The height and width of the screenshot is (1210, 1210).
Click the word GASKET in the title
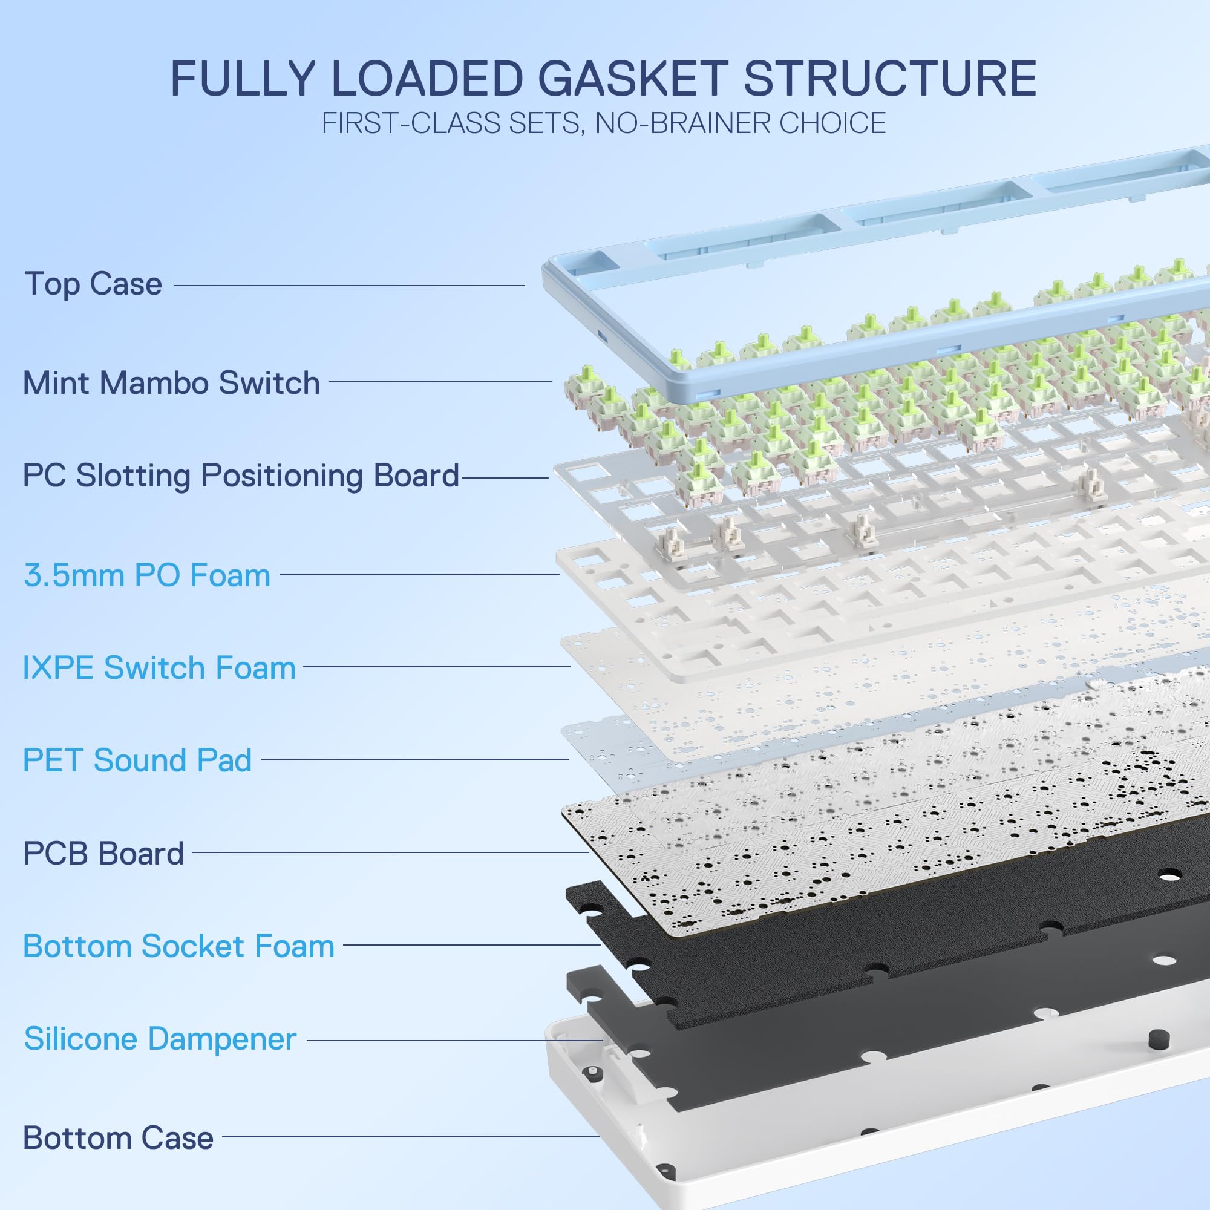632,79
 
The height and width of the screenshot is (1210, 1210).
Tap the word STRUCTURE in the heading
890,79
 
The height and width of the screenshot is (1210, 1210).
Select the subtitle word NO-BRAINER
682,123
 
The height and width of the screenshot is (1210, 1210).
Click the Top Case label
93,284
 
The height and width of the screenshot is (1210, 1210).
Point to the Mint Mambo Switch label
171,383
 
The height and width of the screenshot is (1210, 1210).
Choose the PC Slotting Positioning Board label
241,476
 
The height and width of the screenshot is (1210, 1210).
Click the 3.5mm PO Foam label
147,575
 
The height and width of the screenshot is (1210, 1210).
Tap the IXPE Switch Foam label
159,668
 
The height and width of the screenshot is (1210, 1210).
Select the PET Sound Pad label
137,760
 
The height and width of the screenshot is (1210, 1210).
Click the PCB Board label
103,853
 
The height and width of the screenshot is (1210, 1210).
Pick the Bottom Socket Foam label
178,946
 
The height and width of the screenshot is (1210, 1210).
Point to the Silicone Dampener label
160,1039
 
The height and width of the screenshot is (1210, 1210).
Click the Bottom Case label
118,1138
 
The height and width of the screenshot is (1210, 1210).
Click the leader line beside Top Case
349,286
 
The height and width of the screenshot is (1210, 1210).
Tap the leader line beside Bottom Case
410,1137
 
